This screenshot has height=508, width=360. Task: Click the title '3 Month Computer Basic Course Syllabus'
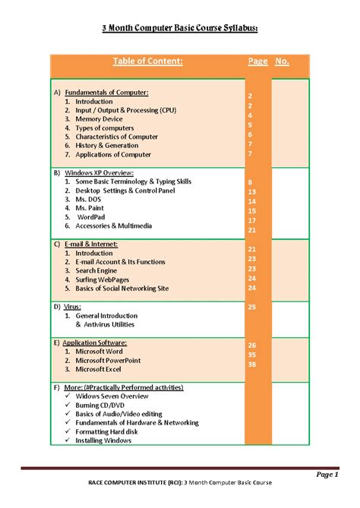pyautogui.click(x=180, y=28)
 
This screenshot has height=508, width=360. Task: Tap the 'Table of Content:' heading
pyautogui.click(x=147, y=62)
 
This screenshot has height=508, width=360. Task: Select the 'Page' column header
pyautogui.click(x=257, y=62)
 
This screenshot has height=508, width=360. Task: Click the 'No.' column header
pyautogui.click(x=282, y=62)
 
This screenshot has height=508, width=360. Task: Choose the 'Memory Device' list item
pyautogui.click(x=99, y=119)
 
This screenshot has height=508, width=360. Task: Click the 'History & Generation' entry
pyautogui.click(x=107, y=145)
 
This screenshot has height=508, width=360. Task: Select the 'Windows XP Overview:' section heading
pyautogui.click(x=98, y=173)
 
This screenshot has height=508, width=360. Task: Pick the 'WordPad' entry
pyautogui.click(x=94, y=217)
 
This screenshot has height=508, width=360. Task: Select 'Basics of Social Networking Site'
pyautogui.click(x=122, y=289)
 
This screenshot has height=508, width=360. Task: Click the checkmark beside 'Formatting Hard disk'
pyautogui.click(x=68, y=432)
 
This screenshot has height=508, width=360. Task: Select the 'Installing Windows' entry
pyautogui.click(x=103, y=441)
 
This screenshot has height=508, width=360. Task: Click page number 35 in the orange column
pyautogui.click(x=251, y=355)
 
